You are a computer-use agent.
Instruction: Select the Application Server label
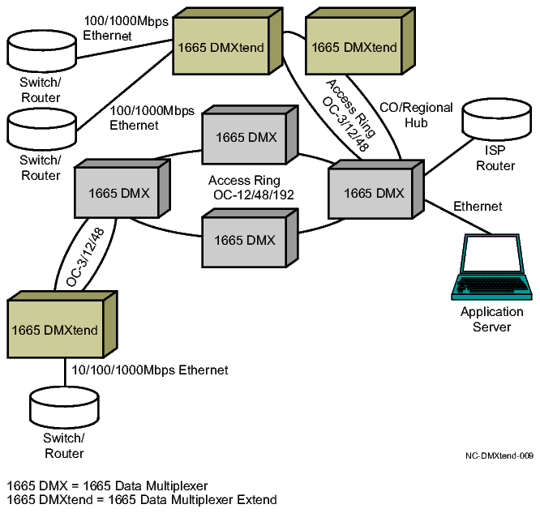pos(492,319)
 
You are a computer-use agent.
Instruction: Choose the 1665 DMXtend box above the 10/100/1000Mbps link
pos(54,330)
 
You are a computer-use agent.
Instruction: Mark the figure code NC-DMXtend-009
pos(499,456)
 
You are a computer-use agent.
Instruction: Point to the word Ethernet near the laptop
pos(478,207)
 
